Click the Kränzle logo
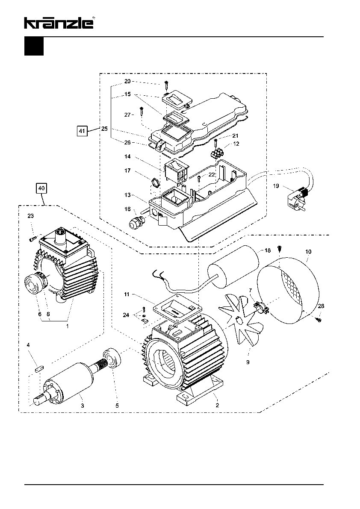point(59,23)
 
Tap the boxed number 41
point(82,131)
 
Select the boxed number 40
point(41,188)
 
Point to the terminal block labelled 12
point(218,153)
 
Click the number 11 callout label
point(127,294)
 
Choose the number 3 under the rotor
point(83,406)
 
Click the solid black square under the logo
point(34,47)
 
